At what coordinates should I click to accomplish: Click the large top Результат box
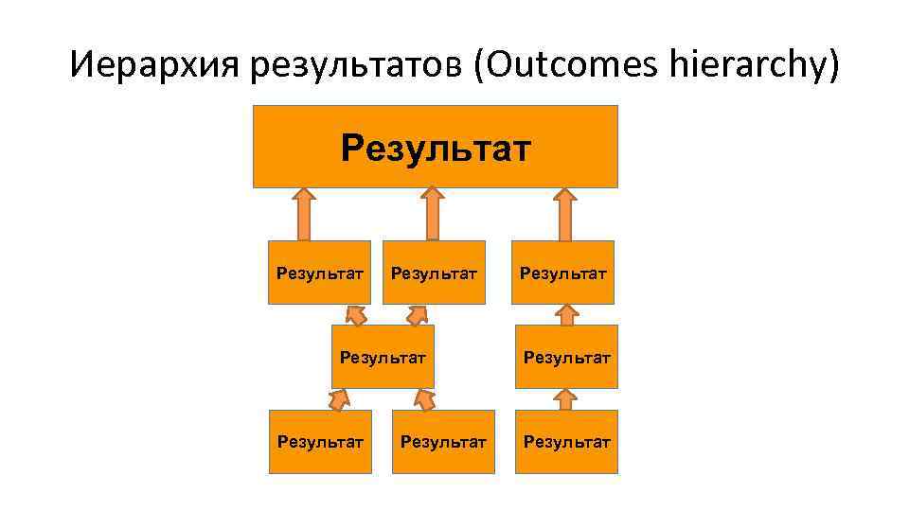(x=435, y=147)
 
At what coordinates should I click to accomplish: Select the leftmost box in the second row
(x=319, y=273)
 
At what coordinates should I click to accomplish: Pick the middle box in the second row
(x=434, y=273)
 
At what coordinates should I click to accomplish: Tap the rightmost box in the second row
(x=563, y=273)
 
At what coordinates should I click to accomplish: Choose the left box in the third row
(x=383, y=357)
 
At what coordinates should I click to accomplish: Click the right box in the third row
(x=566, y=357)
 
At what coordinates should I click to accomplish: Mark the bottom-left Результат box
(x=319, y=441)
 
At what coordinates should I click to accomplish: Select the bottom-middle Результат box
(x=443, y=441)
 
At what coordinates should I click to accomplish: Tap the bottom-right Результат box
(x=566, y=441)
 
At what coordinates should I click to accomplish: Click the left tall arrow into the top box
(x=303, y=213)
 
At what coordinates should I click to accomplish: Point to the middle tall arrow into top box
(x=432, y=213)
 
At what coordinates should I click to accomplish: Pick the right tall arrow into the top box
(x=564, y=213)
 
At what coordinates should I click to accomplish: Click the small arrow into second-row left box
(x=355, y=314)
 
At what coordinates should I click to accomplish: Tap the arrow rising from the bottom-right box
(x=566, y=399)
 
